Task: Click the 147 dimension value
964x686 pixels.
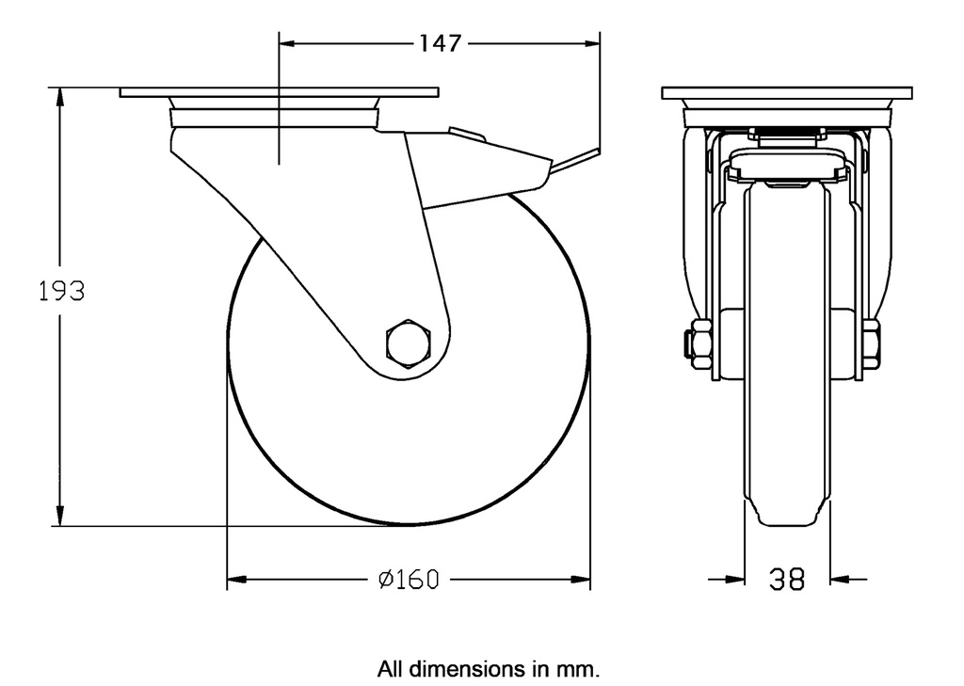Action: [439, 43]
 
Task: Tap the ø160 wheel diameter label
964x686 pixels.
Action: [408, 580]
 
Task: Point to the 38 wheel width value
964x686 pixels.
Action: [787, 580]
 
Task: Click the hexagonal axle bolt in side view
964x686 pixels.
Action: [408, 343]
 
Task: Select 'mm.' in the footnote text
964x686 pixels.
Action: [578, 670]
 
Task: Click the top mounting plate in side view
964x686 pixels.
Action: [279, 93]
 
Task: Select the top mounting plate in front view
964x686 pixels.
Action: [787, 93]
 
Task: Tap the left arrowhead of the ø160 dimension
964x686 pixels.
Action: [236, 580]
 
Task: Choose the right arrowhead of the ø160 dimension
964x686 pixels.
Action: [582, 580]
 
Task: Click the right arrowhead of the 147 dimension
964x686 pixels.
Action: [592, 43]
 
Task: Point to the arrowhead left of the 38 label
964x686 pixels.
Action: [734, 580]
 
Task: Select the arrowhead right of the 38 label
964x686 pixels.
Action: [840, 580]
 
